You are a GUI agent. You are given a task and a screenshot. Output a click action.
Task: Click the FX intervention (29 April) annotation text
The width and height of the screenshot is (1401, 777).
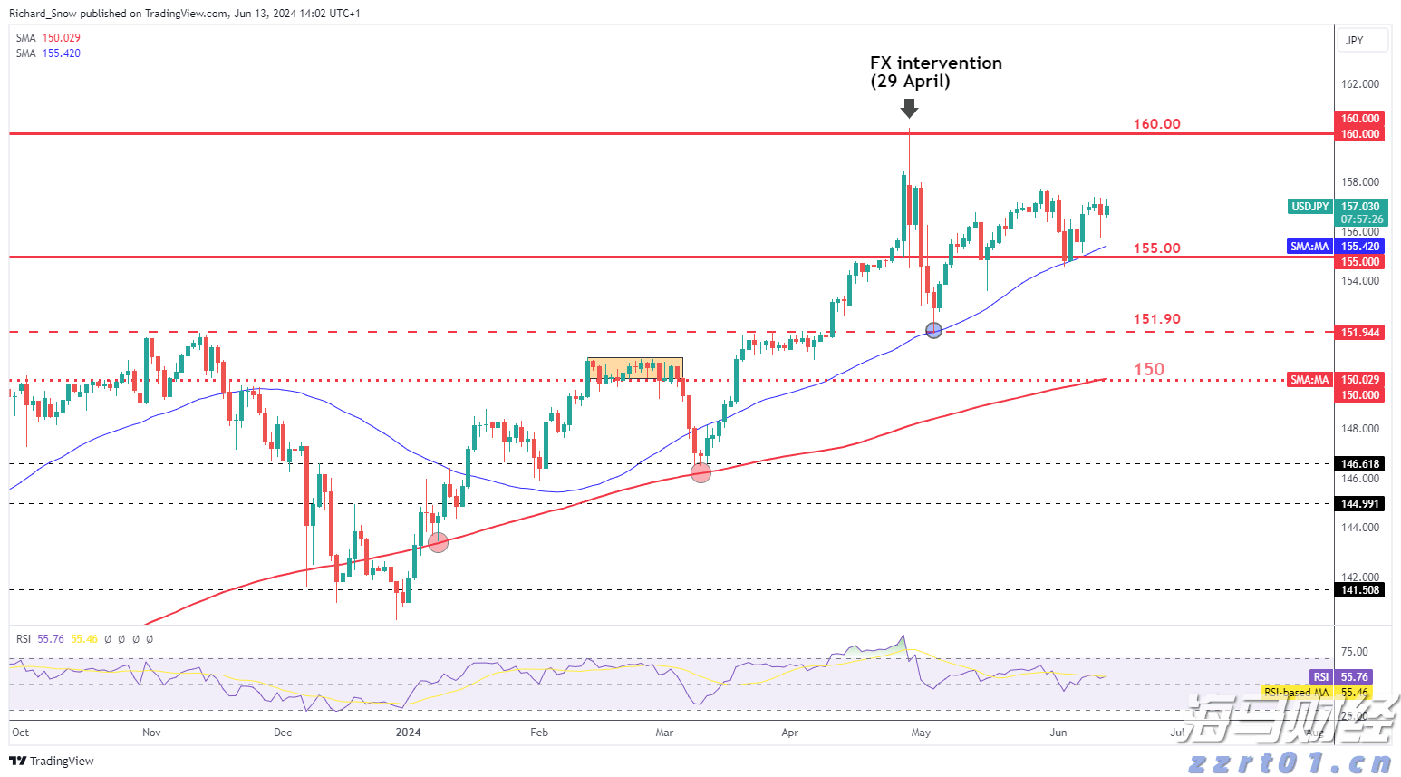pos(935,72)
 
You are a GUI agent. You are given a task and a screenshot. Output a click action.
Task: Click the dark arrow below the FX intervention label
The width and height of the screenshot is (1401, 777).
pos(909,109)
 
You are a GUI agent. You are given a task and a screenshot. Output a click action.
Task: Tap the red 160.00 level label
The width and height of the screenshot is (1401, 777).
pos(1156,124)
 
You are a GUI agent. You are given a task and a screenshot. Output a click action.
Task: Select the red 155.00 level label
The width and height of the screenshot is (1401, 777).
pos(1156,248)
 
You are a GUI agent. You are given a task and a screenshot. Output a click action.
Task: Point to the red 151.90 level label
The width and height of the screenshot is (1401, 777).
pos(1156,319)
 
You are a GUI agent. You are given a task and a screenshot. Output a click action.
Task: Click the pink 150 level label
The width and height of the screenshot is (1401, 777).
pos(1149,369)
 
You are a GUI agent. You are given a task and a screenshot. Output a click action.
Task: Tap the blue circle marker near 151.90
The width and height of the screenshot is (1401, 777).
pos(934,331)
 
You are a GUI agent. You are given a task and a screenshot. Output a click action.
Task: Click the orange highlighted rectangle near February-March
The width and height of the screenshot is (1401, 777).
pos(634,368)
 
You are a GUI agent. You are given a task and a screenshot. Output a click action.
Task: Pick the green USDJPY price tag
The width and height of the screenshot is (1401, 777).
pos(1309,207)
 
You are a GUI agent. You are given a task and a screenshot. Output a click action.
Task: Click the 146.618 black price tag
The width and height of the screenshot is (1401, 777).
pos(1360,464)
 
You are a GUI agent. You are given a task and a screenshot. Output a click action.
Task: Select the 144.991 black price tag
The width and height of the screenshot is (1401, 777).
pos(1360,504)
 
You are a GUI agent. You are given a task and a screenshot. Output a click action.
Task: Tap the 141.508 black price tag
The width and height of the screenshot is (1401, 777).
pos(1360,590)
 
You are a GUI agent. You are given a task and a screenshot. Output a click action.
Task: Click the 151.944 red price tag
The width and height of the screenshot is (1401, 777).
pos(1360,333)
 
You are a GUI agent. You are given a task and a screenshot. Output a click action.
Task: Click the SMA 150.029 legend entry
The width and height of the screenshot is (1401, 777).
pos(48,38)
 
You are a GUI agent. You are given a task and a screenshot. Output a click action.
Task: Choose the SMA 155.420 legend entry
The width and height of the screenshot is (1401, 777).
pos(48,53)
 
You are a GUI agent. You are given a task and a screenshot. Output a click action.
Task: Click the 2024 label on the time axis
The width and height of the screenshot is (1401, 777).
pos(408,733)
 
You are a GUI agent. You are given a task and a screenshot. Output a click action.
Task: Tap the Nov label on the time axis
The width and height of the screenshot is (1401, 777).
pos(151,733)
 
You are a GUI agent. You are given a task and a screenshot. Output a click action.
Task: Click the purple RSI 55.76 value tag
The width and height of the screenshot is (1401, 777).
pos(1341,677)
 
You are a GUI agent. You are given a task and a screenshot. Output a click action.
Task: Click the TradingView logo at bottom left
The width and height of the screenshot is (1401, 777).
pos(52,761)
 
